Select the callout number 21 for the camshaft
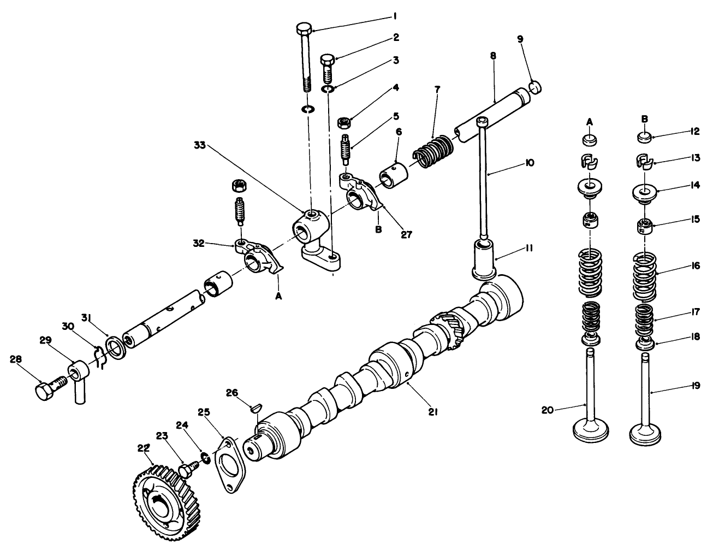(433, 413)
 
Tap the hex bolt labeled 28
(45, 391)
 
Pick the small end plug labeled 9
(537, 86)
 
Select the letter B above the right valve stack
(644, 118)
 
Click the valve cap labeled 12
(644, 136)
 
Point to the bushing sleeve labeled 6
(391, 178)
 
